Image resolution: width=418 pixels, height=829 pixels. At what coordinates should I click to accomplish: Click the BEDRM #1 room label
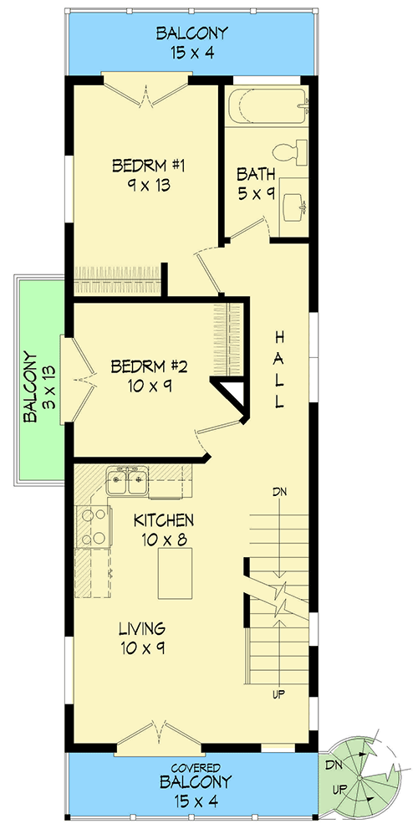tap(147, 166)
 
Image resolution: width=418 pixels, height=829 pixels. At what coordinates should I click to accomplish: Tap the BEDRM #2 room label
tap(149, 366)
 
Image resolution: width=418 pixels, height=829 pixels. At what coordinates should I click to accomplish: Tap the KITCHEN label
tap(164, 520)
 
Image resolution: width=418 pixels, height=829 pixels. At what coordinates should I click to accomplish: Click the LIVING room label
tap(141, 628)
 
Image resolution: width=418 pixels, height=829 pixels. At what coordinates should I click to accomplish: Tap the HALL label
tap(279, 369)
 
